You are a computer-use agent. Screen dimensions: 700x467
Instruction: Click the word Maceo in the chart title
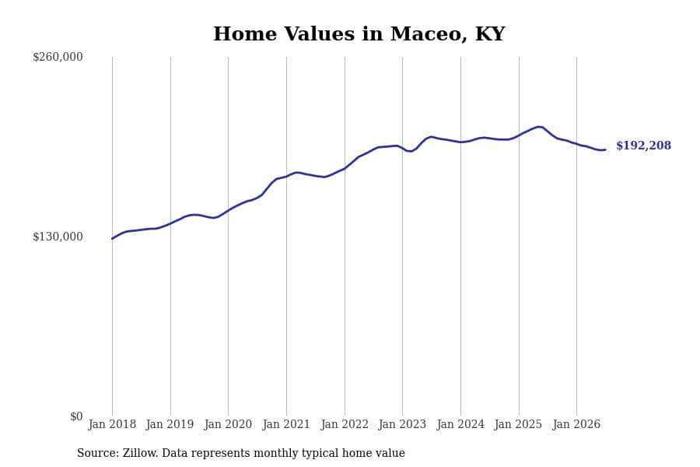tap(426, 34)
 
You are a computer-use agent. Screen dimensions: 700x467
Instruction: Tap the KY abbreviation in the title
tap(490, 34)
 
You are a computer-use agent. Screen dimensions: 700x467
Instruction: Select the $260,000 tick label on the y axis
tap(58, 57)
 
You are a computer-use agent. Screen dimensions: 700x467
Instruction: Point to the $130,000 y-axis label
tap(58, 237)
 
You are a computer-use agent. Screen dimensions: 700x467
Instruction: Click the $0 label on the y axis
tap(76, 416)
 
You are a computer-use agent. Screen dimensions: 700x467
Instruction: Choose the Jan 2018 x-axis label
tap(112, 424)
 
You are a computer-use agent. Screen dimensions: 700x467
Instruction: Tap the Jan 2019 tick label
tap(170, 424)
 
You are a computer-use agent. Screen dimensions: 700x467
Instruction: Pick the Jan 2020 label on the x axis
tap(228, 424)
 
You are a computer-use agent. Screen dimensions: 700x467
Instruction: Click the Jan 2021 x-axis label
tap(286, 424)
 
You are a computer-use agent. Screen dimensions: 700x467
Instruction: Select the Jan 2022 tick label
tap(345, 424)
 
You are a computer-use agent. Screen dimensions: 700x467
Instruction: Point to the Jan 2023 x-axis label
tap(402, 424)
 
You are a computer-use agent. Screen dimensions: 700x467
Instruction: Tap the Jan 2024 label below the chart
tap(460, 424)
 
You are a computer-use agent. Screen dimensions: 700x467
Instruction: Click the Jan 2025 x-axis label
tap(518, 424)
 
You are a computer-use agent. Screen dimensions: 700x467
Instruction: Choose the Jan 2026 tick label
tap(576, 424)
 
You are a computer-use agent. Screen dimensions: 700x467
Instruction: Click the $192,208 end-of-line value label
tap(643, 146)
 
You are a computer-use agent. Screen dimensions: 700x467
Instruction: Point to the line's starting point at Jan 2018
tap(112, 239)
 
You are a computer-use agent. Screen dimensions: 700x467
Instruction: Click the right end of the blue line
tap(605, 149)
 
